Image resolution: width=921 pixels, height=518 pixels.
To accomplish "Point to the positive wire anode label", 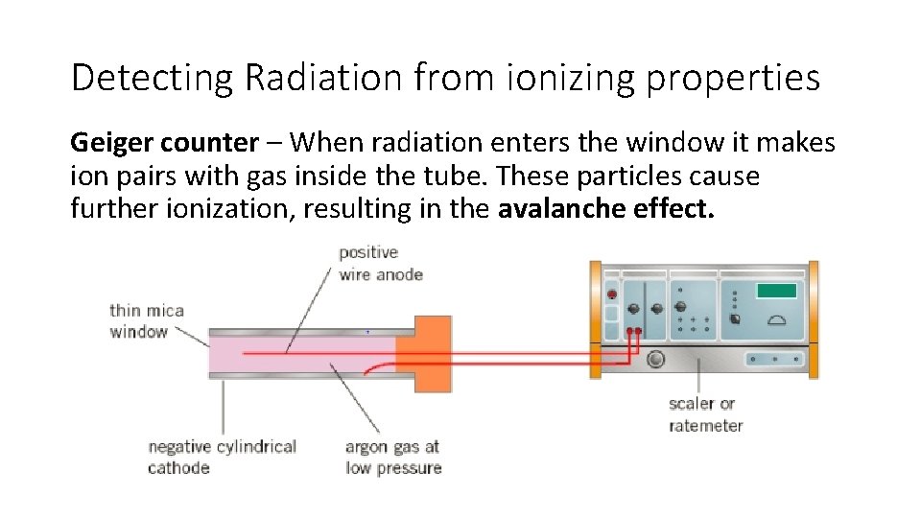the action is (x=380, y=263).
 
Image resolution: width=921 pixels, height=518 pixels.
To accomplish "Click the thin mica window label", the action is (x=146, y=320).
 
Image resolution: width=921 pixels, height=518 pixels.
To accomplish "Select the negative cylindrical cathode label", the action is (x=221, y=457).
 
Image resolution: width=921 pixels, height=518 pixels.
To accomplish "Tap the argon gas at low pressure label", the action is (x=393, y=457).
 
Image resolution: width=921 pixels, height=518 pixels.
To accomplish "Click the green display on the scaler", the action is (x=776, y=291).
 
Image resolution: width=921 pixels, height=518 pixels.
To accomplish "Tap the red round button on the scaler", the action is (x=611, y=294).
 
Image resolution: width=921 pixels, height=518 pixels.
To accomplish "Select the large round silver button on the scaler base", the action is (x=655, y=360).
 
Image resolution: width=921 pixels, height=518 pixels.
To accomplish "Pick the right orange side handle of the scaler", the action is (x=814, y=317).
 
